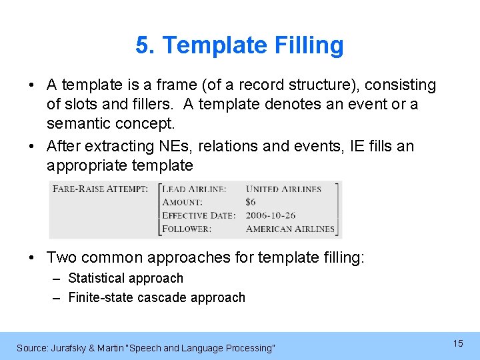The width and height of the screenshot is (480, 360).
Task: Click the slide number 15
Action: pos(458,343)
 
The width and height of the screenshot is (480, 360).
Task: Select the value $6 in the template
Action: pos(251,202)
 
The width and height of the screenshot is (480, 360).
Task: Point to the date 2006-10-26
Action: pos(271,215)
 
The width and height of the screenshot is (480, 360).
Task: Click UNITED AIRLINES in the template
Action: pos(283,189)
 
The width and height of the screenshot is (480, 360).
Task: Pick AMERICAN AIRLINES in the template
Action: pos(290,229)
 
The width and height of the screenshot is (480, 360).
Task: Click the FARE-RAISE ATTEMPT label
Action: pos(100,189)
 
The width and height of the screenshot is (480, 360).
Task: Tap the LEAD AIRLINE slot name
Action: pos(195,189)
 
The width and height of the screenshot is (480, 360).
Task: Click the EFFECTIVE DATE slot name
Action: pos(199,215)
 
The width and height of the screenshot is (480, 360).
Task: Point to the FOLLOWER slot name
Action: pos(187,229)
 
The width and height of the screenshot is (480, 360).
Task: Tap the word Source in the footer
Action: pos(31,348)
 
